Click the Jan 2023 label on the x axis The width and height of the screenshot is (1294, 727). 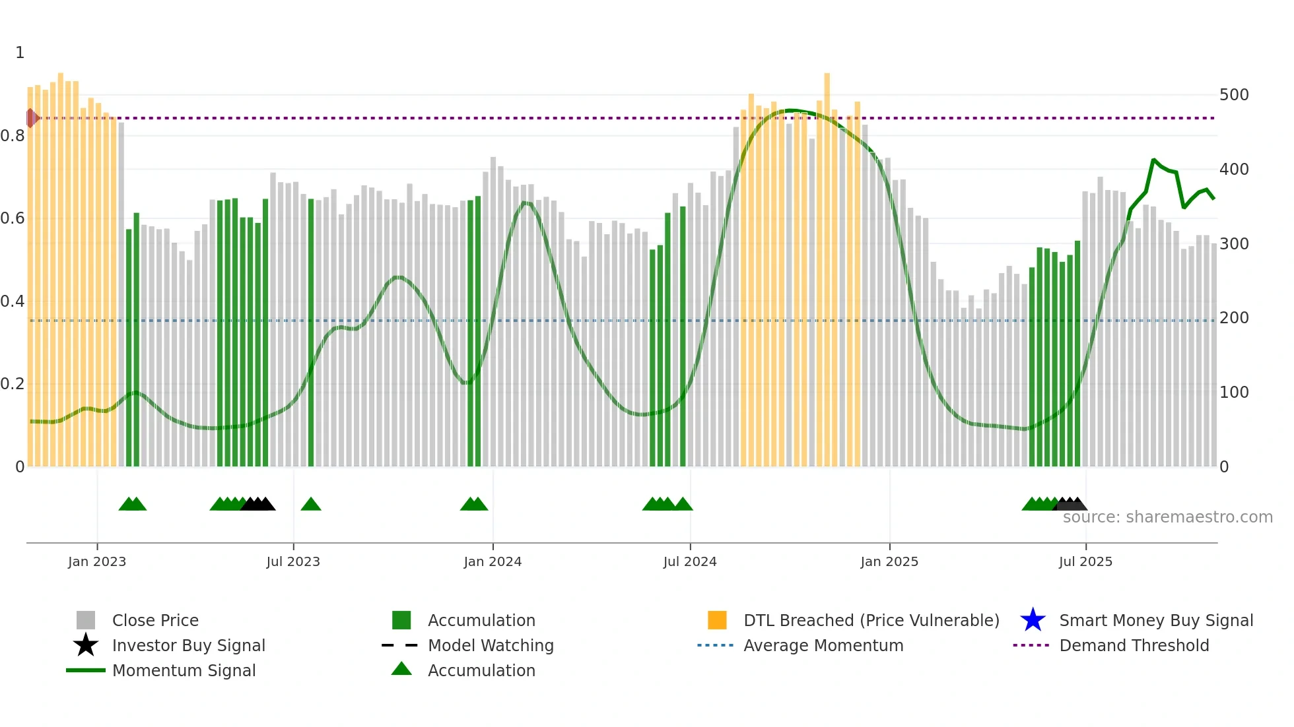[97, 562]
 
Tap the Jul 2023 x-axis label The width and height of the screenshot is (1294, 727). [293, 562]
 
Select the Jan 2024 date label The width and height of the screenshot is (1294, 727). [493, 562]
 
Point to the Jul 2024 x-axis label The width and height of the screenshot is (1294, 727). [690, 562]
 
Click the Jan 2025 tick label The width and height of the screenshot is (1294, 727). [889, 562]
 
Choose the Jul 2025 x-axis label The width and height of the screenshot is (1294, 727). [1085, 562]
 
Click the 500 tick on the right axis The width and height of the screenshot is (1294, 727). [1234, 95]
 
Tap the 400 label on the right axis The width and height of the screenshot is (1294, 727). [1234, 170]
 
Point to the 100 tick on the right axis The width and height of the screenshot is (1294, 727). [1234, 393]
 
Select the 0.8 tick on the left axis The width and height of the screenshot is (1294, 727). [13, 136]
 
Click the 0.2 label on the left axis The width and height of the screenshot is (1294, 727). [13, 384]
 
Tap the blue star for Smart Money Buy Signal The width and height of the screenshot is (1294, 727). [1033, 620]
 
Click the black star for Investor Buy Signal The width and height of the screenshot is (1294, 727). [86, 645]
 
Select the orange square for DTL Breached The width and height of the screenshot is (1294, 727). [717, 620]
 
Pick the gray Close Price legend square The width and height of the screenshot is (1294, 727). [86, 620]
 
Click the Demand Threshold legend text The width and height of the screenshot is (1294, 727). [1134, 645]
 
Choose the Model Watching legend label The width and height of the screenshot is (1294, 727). [491, 645]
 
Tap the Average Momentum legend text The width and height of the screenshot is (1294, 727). [823, 645]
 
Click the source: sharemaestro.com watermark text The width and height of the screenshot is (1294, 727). [1167, 517]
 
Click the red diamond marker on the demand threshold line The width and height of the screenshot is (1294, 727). [31, 118]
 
